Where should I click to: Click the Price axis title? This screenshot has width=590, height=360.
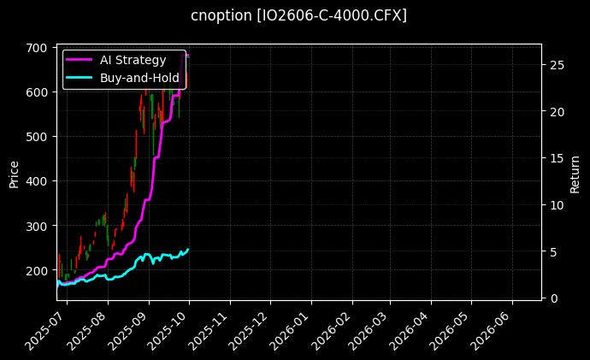[x=14, y=172]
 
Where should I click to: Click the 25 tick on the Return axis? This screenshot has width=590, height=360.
[x=555, y=65]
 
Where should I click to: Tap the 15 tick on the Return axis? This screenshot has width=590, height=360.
[x=555, y=158]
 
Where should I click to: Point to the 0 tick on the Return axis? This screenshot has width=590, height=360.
[x=552, y=298]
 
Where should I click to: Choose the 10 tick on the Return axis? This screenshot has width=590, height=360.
[x=555, y=205]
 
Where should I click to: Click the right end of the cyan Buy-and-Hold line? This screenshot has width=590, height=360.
[x=188, y=249]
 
